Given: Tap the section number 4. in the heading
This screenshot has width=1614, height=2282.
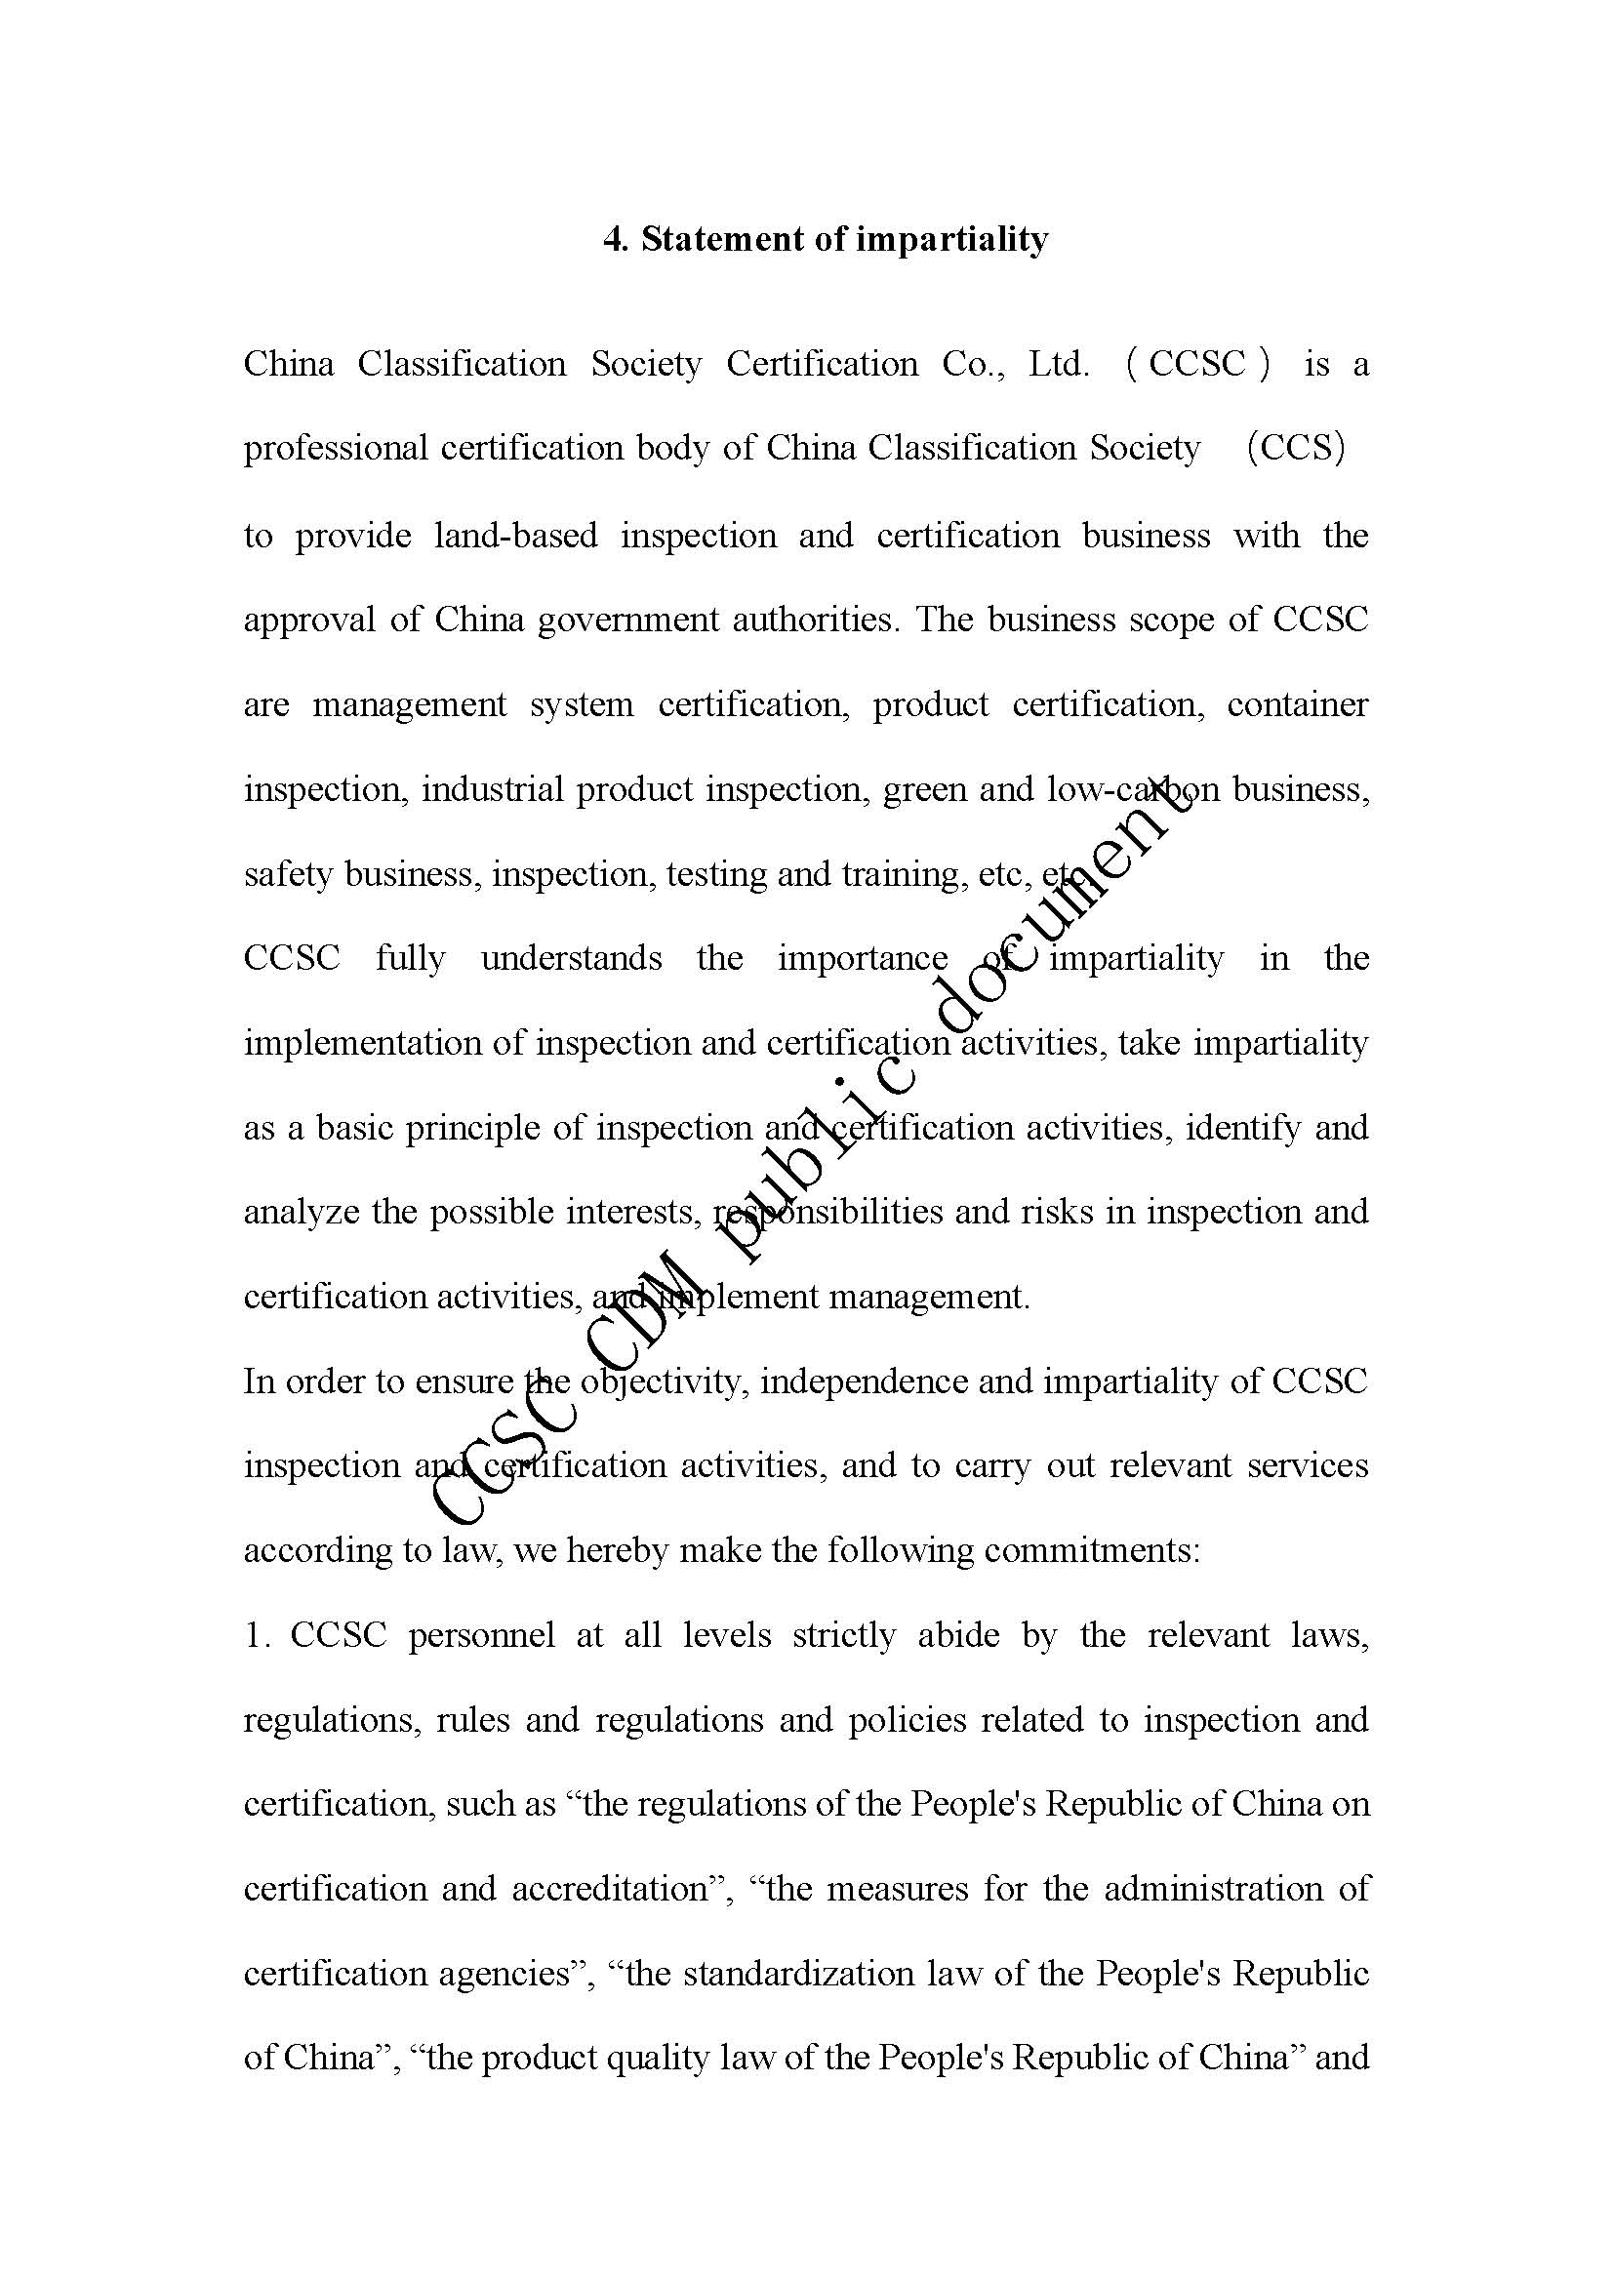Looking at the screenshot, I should click(x=617, y=240).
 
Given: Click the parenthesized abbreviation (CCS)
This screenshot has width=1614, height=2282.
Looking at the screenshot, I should click(x=1296, y=448).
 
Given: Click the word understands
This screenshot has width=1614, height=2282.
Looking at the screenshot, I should click(x=572, y=958).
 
